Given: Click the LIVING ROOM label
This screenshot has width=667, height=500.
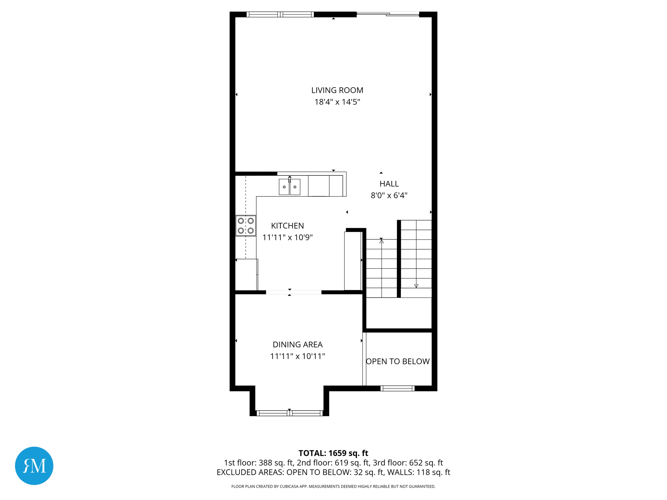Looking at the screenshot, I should (337, 90).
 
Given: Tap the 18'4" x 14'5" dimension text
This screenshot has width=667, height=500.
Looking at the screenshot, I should (337, 102).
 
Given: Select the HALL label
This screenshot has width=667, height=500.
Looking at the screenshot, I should (389, 184).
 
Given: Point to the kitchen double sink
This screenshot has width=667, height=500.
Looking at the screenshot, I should (289, 187).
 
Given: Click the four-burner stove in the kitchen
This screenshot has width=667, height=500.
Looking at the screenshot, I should (246, 226).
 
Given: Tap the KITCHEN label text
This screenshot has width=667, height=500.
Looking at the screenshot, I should (287, 226).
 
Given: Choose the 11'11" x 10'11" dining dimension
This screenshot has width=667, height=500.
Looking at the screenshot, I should (297, 356).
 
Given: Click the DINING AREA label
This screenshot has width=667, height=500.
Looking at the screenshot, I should (297, 344).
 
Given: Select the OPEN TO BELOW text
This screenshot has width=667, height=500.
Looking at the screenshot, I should (398, 361).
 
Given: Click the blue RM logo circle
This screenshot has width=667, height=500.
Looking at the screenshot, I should (34, 465).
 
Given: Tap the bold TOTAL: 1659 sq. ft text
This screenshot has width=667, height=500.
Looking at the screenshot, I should (333, 453).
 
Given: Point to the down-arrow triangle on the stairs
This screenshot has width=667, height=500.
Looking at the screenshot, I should (416, 286).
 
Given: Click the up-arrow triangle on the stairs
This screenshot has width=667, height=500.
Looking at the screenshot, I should (381, 241).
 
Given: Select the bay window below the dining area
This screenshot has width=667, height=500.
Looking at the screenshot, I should (289, 413).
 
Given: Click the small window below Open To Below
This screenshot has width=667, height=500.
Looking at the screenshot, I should (397, 388).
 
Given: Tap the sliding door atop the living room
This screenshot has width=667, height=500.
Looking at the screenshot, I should (388, 14).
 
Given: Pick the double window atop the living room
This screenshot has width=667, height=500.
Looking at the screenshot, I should (280, 14).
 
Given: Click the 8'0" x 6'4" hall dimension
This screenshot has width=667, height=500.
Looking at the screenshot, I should (389, 195).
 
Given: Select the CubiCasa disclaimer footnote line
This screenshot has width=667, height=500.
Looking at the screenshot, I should (333, 486).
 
